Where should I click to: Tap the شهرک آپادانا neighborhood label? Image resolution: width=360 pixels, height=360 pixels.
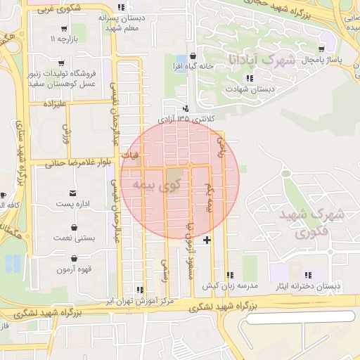point(260,62)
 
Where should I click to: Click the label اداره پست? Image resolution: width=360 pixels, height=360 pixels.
point(74,204)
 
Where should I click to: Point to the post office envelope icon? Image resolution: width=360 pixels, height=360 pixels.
point(73,193)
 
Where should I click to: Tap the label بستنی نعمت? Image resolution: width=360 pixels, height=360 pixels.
point(75,239)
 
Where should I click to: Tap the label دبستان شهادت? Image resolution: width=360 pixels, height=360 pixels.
point(248,89)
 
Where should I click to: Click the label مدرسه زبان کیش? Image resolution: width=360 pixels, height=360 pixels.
point(231,286)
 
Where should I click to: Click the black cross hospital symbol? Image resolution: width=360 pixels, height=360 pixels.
point(207,240)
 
